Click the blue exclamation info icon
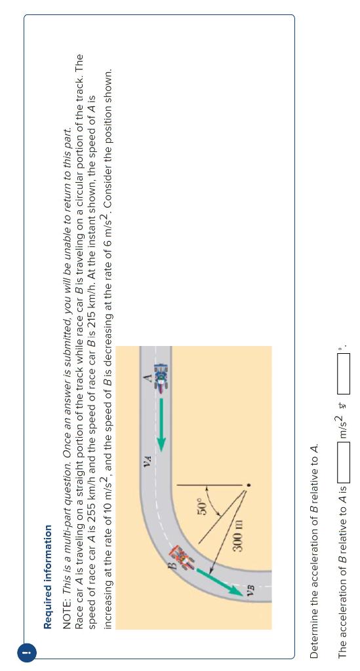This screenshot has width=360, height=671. [26, 653]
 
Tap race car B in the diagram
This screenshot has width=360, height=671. [187, 556]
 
